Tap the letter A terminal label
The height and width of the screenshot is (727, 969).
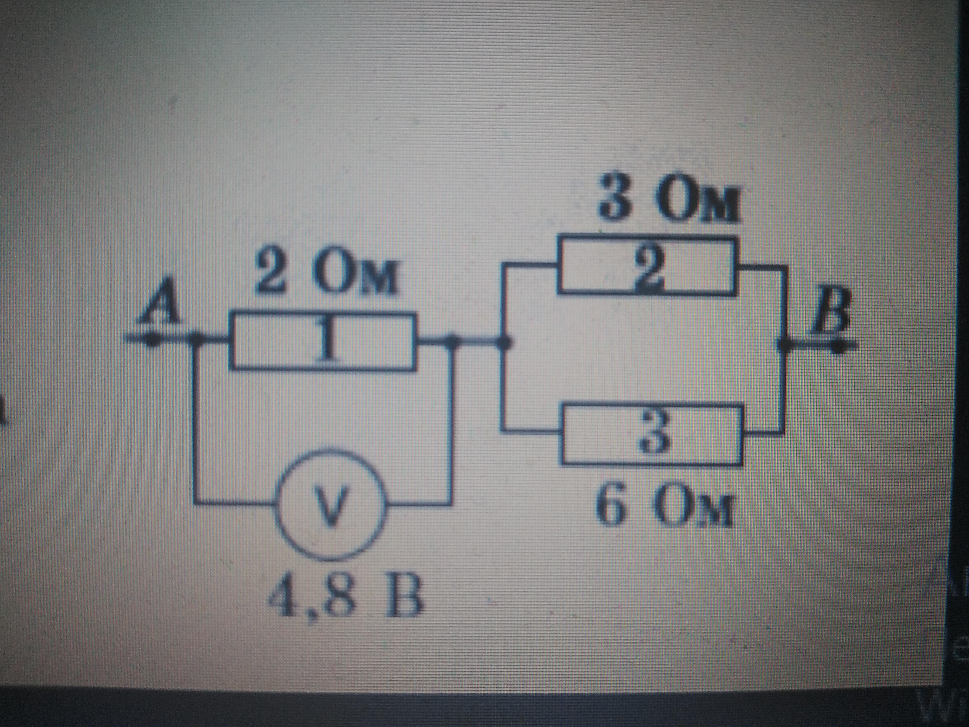tap(161, 306)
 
